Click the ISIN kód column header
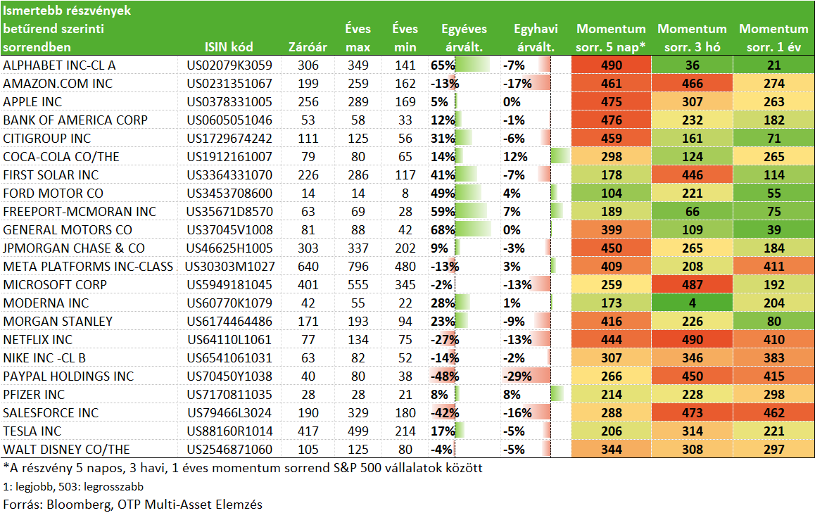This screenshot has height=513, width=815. (x=229, y=46)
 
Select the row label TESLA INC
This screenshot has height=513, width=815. (x=32, y=431)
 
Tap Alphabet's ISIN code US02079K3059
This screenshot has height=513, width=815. (x=229, y=65)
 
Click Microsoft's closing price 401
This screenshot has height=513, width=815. (x=308, y=285)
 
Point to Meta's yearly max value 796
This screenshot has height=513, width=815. (x=358, y=267)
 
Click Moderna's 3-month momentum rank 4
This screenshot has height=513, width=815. (x=693, y=303)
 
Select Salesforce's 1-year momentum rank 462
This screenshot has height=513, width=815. (x=774, y=412)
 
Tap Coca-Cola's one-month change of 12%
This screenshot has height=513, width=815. (x=515, y=157)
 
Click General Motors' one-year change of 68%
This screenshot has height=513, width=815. (x=443, y=229)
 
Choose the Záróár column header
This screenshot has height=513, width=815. (x=308, y=46)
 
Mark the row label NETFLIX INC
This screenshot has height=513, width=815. (x=38, y=340)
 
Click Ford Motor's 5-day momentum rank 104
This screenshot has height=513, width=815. (x=611, y=194)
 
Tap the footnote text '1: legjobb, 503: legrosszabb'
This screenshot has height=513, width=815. (x=73, y=486)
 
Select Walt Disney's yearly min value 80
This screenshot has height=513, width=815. (x=405, y=450)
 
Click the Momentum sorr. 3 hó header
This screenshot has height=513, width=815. (x=693, y=38)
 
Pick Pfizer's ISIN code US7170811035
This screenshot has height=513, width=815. (x=229, y=395)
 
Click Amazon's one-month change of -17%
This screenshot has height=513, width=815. (x=517, y=84)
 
